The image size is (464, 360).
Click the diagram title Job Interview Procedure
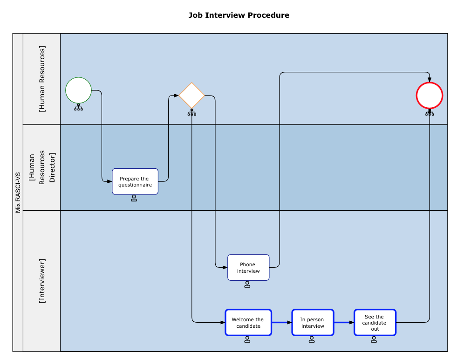pyautogui.click(x=239, y=15)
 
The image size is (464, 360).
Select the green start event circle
pyautogui.click(x=78, y=90)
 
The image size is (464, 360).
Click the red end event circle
pyautogui.click(x=429, y=96)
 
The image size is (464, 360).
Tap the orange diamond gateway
pyautogui.click(x=192, y=96)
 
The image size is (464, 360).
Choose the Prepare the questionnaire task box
pyautogui.click(x=135, y=181)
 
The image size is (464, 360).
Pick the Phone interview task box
pyautogui.click(x=248, y=267)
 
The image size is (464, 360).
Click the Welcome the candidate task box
pyautogui.click(x=248, y=322)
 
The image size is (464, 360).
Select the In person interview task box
pyautogui.click(x=313, y=322)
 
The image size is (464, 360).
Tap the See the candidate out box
pyautogui.click(x=375, y=322)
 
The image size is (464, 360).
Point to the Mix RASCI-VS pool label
pyautogui.click(x=18, y=193)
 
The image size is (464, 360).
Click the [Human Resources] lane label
pyautogui.click(x=42, y=79)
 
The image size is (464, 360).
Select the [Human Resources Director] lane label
pyautogui.click(x=42, y=167)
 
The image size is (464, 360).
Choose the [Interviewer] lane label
pyautogui.click(x=42, y=281)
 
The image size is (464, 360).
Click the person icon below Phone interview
pyautogui.click(x=247, y=284)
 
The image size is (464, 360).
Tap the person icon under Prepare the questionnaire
pyautogui.click(x=134, y=198)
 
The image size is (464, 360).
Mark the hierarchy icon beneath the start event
pyautogui.click(x=78, y=108)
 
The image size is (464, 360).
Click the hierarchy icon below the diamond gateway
pyautogui.click(x=192, y=112)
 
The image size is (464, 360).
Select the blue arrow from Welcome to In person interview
pyautogui.click(x=281, y=322)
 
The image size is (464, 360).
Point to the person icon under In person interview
pyautogui.click(x=312, y=339)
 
